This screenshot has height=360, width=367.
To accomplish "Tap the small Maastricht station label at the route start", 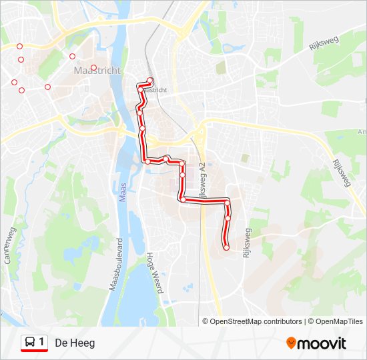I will pos(155,89).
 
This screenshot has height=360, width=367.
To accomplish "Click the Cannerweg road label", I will pos(10,246).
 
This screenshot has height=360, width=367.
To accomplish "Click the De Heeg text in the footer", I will pos(75,343).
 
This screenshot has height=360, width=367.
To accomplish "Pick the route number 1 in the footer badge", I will pos(42,342).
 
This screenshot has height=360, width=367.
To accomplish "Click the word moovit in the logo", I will pos(322,343).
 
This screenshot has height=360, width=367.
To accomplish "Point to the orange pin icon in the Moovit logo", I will pos(292,343).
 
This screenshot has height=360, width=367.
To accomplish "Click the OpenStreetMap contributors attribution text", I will pos(256,321).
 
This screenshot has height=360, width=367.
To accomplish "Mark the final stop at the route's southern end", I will pos(226,247).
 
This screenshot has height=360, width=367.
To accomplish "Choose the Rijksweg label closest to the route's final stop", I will pos(248,244).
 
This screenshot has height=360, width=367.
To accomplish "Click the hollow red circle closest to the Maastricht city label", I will pos(94,67).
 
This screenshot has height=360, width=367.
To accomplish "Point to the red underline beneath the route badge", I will pos(34,351).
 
